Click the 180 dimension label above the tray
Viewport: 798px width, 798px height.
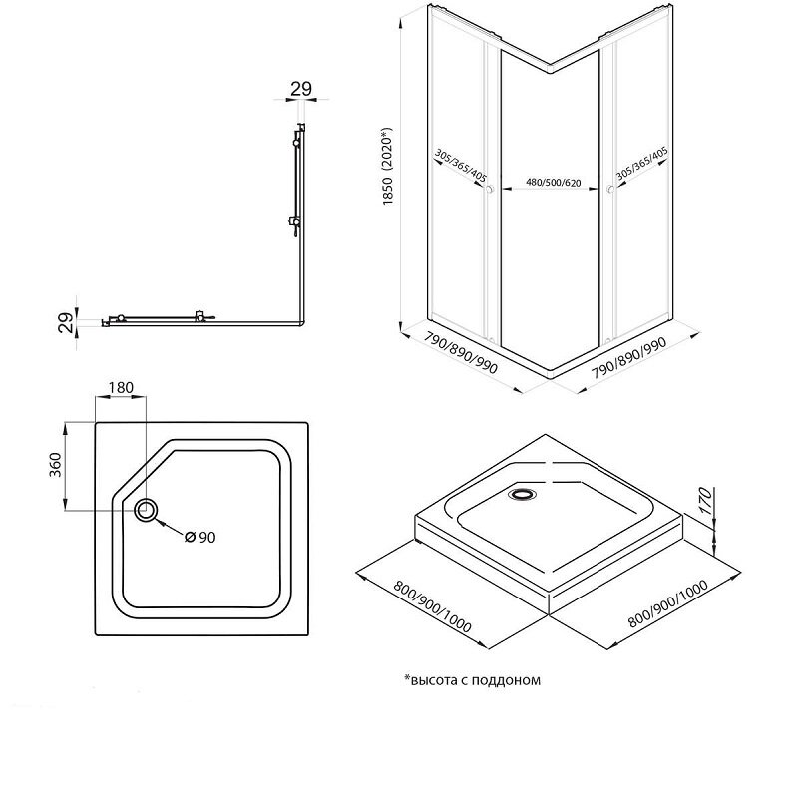[x=121, y=387]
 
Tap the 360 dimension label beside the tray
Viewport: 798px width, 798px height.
[x=55, y=464]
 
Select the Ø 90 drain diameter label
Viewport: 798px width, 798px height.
[x=200, y=537]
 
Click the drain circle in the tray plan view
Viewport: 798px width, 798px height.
[x=146, y=510]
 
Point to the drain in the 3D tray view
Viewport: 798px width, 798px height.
[x=522, y=493]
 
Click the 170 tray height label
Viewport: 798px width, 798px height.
[x=705, y=500]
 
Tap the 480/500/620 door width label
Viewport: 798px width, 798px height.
[x=554, y=183]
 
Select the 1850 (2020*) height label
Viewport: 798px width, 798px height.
[x=389, y=166]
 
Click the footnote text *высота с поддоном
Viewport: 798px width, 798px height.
[x=472, y=680]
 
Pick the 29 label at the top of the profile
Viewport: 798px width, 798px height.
[x=301, y=89]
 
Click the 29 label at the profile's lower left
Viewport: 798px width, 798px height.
[x=66, y=322]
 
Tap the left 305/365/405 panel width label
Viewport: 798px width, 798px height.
[x=461, y=166]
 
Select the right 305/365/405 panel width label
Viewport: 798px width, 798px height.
[x=642, y=164]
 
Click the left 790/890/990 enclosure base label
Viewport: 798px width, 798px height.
[x=461, y=353]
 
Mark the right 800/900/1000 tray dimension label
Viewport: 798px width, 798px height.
[x=668, y=603]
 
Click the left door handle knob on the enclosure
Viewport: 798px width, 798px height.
[x=490, y=190]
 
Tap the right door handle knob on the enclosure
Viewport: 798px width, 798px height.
[x=609, y=190]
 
